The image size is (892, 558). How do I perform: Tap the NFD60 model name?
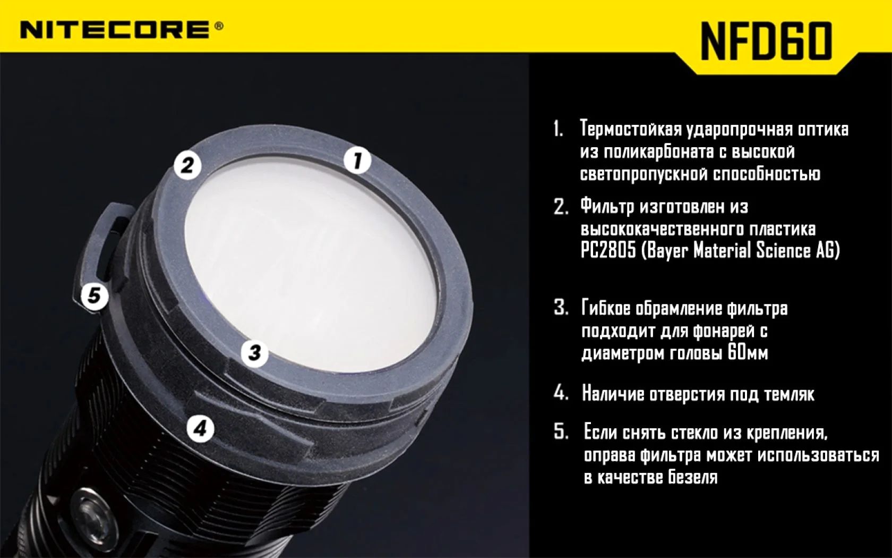click(766, 41)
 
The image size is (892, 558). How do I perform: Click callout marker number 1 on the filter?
click(358, 160)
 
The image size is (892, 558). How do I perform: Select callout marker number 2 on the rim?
click(187, 165)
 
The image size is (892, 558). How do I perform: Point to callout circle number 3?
click(254, 353)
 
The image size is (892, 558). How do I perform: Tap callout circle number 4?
click(200, 429)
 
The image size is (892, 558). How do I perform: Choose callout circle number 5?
click(95, 296)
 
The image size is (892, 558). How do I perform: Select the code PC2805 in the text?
click(608, 251)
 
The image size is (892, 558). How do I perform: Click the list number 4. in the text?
click(561, 394)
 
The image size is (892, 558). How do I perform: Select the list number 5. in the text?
click(561, 432)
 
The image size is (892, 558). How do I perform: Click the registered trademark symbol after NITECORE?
click(219, 27)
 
